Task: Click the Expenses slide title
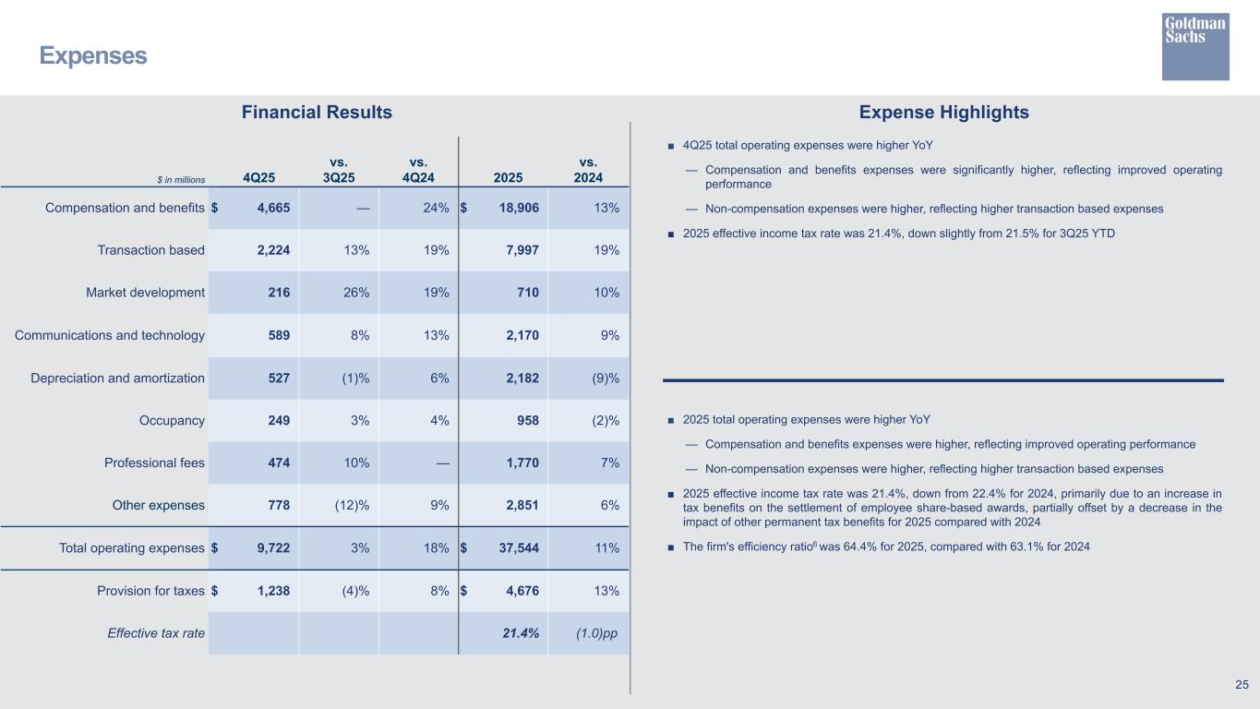(92, 56)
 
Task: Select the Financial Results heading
(317, 113)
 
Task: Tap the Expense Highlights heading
(943, 113)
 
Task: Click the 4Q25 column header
(258, 177)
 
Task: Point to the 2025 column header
(509, 177)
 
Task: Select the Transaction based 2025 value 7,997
(521, 250)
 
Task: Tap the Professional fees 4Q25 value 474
(278, 463)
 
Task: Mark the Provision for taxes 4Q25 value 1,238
(272, 590)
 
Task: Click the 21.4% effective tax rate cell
(520, 632)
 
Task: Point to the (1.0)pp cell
(596, 632)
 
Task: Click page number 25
(1242, 684)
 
